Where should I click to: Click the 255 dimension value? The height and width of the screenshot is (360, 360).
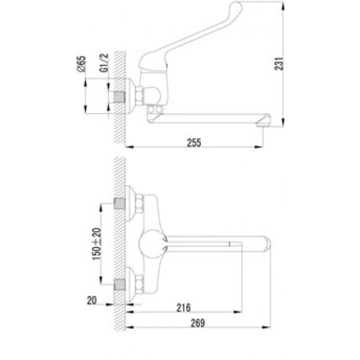coord(194,143)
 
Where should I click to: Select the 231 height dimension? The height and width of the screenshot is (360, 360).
coord(279,63)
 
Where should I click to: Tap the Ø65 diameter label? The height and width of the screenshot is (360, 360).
coord(81,64)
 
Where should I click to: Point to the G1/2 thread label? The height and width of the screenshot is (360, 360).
coord(104,63)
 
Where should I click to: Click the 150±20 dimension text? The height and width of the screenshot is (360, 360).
coord(96,244)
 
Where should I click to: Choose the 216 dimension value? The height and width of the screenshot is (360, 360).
coord(184,307)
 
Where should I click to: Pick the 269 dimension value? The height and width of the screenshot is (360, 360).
coord(198,323)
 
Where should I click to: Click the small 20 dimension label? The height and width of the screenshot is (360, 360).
coord(91,300)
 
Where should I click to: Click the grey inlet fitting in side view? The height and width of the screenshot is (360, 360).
coord(120,97)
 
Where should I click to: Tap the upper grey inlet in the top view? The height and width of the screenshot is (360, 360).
coord(120,204)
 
